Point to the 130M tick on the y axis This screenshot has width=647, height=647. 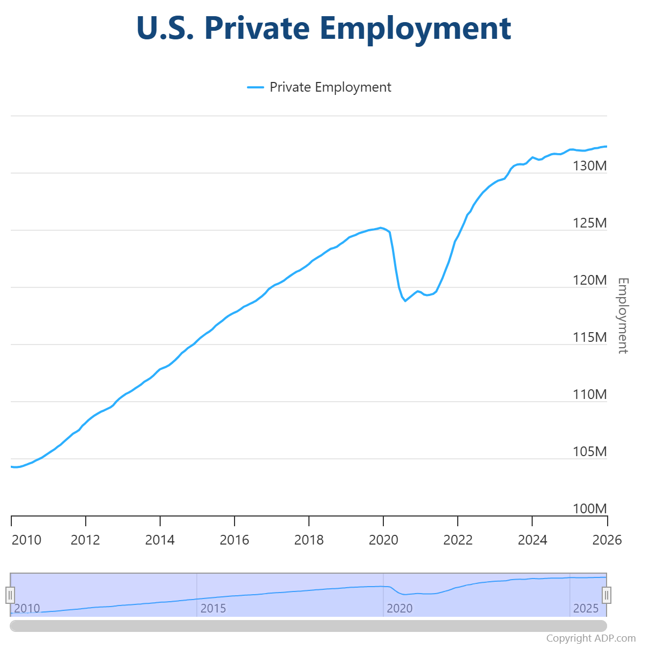[589, 166]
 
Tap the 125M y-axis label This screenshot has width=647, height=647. [589, 223]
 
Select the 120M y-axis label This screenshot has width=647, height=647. [589, 280]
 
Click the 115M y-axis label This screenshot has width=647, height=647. [589, 338]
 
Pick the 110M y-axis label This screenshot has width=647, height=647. [589, 395]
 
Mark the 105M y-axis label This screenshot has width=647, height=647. [589, 452]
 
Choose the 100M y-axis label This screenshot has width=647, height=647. [589, 509]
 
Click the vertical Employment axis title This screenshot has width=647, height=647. [623, 315]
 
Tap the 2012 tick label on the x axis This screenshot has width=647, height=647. [85, 540]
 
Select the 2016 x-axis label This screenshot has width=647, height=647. [235, 540]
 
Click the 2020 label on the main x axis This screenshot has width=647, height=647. [383, 540]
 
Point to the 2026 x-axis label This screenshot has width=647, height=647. [607, 540]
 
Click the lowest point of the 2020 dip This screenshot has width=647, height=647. [405, 300]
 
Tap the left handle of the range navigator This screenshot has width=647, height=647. [10, 595]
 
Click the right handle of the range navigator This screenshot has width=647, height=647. [607, 595]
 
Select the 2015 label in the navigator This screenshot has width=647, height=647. [213, 609]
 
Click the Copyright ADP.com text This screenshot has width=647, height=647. [591, 638]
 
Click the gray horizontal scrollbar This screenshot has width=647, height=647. [308, 625]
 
